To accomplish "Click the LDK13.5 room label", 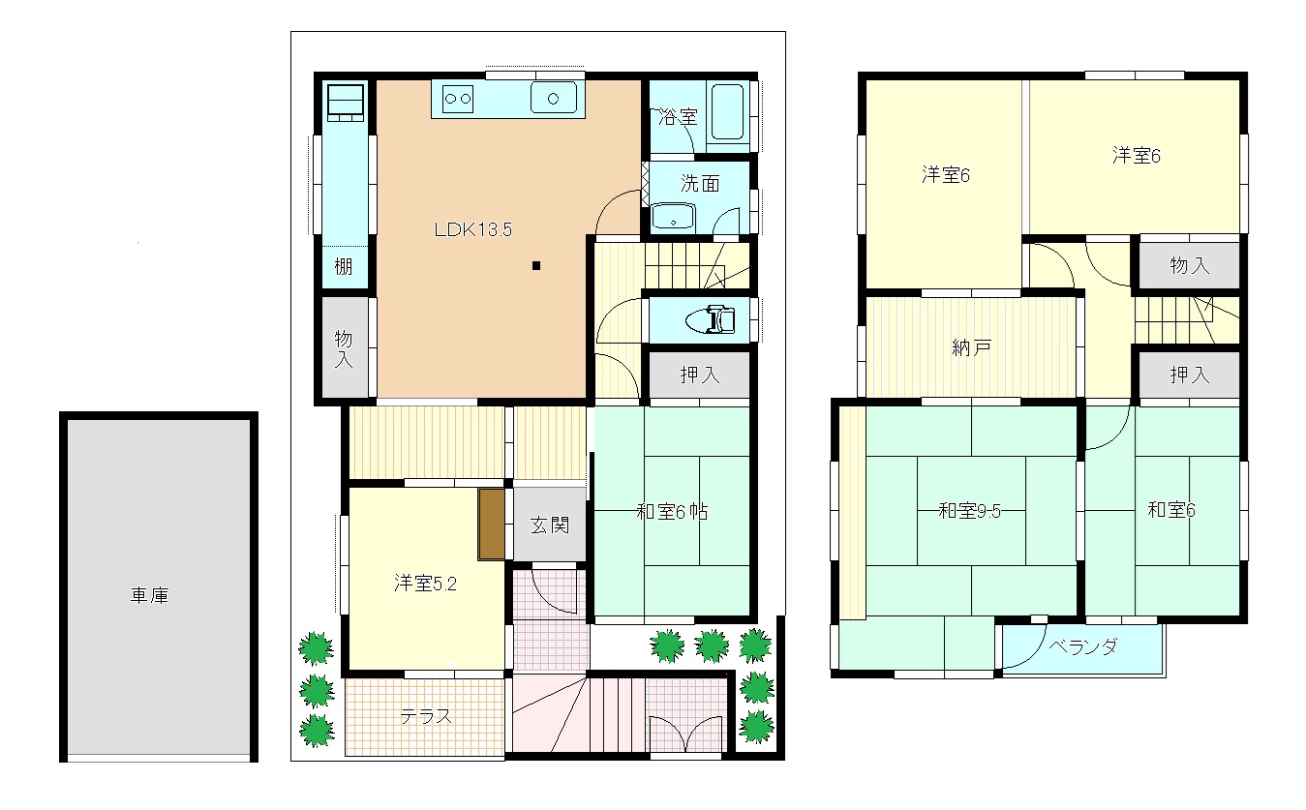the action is (x=472, y=229).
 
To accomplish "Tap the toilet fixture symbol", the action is (x=711, y=319).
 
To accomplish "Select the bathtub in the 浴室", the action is (x=727, y=112).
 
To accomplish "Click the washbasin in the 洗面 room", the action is (x=674, y=216).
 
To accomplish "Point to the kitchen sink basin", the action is (x=554, y=98).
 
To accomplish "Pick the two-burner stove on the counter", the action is (x=458, y=99).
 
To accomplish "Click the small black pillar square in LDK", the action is (x=536, y=266).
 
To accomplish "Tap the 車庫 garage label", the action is (x=150, y=595).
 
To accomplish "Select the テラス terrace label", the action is (x=426, y=716).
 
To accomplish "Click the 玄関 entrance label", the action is (x=550, y=525).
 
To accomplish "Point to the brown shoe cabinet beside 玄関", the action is (x=492, y=525).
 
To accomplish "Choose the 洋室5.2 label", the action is (x=425, y=584).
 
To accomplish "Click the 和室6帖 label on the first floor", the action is (x=672, y=512).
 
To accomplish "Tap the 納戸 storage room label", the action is (x=971, y=347).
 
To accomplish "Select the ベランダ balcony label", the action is (x=1083, y=646).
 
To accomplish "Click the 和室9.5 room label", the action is (x=970, y=511).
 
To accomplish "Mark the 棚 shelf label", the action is (x=344, y=267).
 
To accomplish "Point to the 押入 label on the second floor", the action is (x=1190, y=375).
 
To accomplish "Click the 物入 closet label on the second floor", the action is (x=1190, y=266).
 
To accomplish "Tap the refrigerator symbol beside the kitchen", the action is (x=346, y=104).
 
